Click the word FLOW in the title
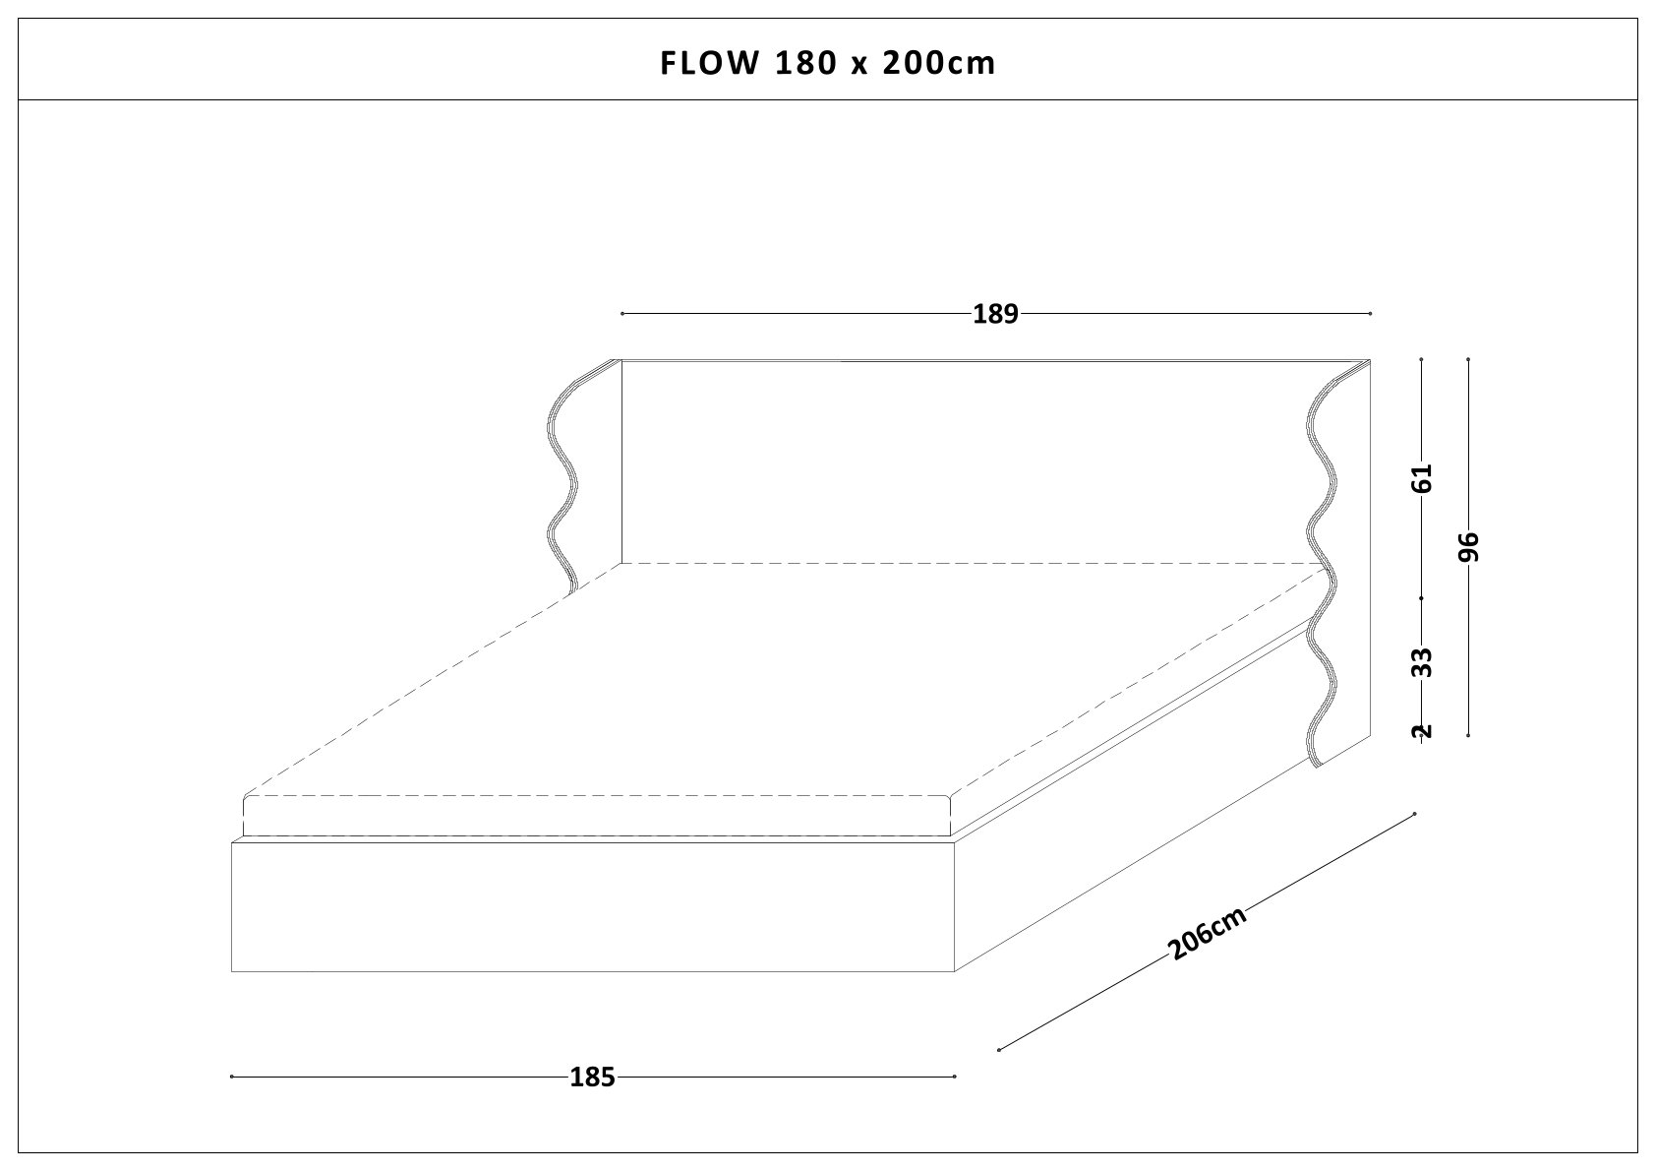(x=708, y=63)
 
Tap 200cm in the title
(x=939, y=63)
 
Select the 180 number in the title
(x=806, y=63)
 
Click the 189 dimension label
(x=994, y=315)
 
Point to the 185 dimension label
(x=592, y=1078)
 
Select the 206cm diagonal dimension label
(x=1208, y=933)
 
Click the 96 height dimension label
(x=1469, y=546)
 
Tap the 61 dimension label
(x=1423, y=478)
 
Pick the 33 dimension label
(x=1423, y=662)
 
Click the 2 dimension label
(x=1423, y=730)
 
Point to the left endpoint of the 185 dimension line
(x=232, y=1077)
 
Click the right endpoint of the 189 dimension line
(x=1370, y=314)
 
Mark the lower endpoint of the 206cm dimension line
(x=999, y=1049)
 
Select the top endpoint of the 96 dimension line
(x=1468, y=359)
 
